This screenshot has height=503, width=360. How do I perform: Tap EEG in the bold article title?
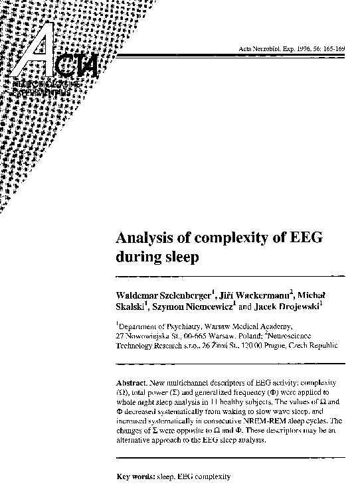click(304, 238)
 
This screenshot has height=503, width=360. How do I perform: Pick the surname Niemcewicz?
click(200, 307)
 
